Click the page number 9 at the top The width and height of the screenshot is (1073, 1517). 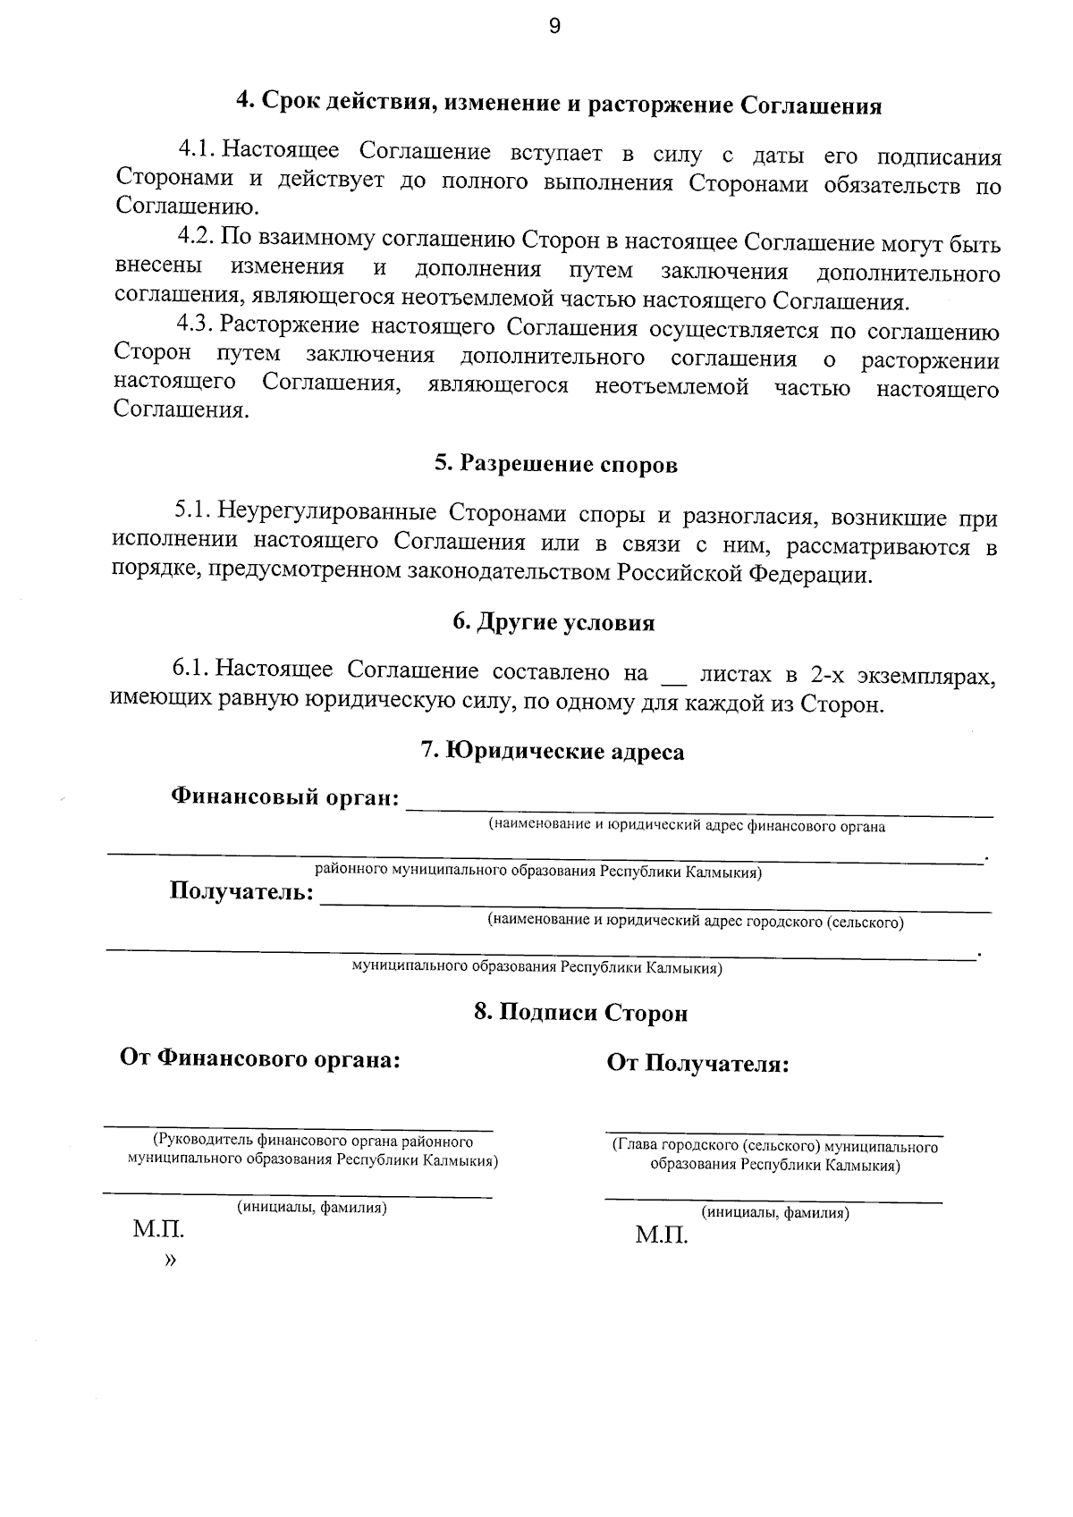click(553, 27)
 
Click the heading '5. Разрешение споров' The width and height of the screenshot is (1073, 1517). click(555, 465)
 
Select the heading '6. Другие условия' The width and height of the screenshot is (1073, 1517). click(553, 623)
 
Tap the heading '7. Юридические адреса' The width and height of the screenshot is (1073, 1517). click(553, 752)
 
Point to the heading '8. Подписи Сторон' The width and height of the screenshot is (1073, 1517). click(580, 1013)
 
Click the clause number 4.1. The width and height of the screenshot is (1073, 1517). click(196, 148)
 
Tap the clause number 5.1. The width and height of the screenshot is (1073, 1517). click(191, 511)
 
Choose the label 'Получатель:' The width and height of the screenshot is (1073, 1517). click(242, 892)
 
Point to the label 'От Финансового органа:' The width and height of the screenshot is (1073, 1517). click(260, 1059)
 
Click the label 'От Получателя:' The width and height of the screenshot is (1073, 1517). click(697, 1064)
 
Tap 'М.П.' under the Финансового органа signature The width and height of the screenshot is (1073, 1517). click(158, 1230)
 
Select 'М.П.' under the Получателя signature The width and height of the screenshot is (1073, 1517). click(662, 1236)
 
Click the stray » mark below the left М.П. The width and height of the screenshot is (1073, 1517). click(171, 1260)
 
